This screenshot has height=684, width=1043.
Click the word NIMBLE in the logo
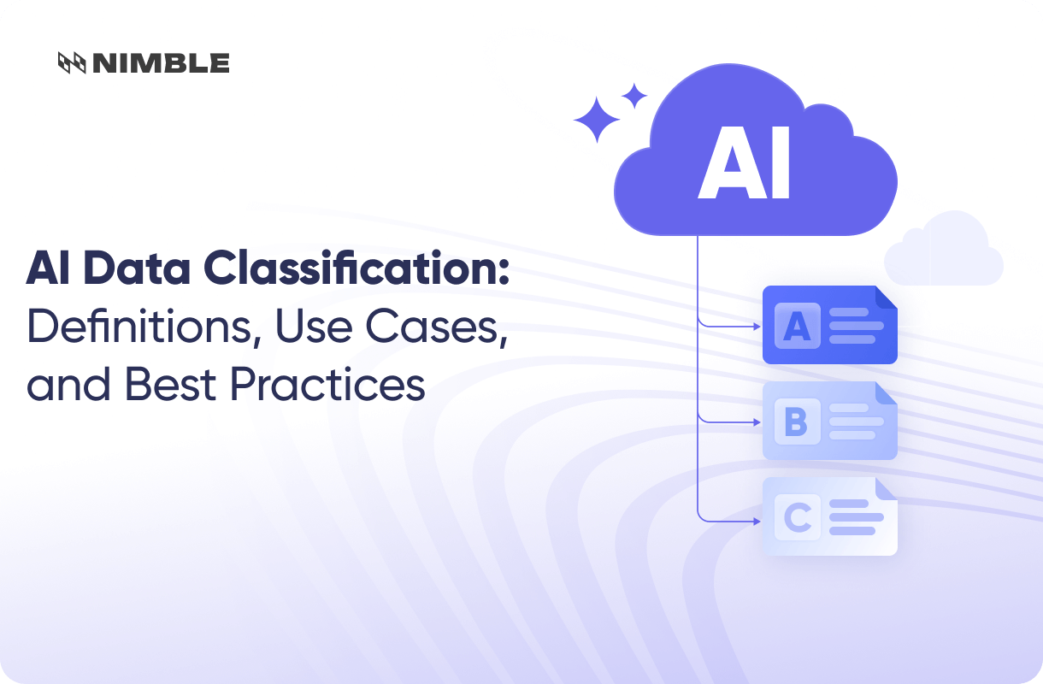click(x=161, y=62)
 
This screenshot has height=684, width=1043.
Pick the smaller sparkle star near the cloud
click(x=633, y=96)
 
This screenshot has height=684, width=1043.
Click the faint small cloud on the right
click(x=943, y=249)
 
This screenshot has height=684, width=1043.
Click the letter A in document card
click(x=797, y=326)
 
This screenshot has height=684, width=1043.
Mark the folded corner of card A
click(x=886, y=297)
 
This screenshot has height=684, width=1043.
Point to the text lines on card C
click(x=855, y=517)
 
